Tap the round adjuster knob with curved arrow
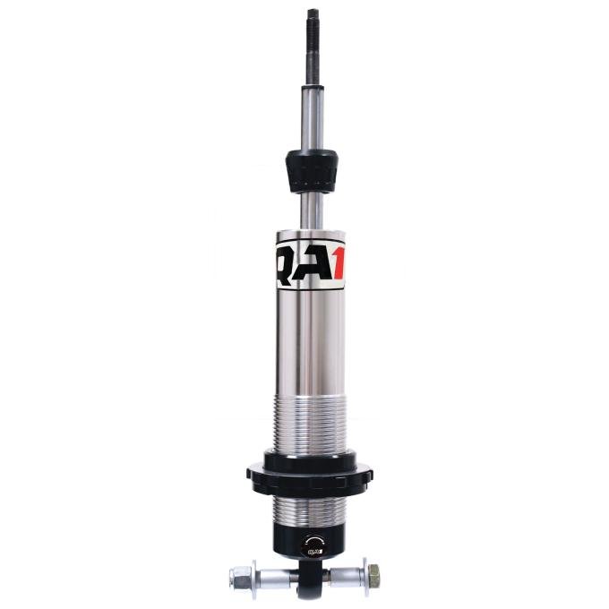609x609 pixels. pos(311,543)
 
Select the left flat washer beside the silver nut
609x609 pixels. pos(254,576)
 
